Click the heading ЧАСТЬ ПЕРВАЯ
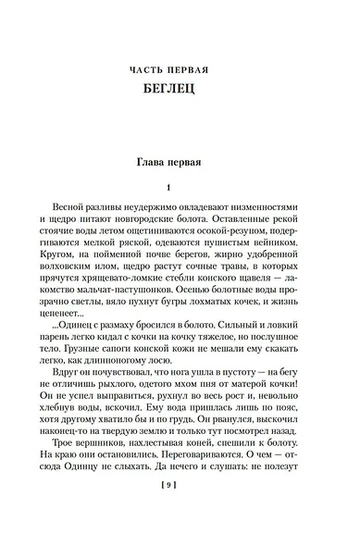point(180,70)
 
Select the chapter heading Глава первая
point(180,163)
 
